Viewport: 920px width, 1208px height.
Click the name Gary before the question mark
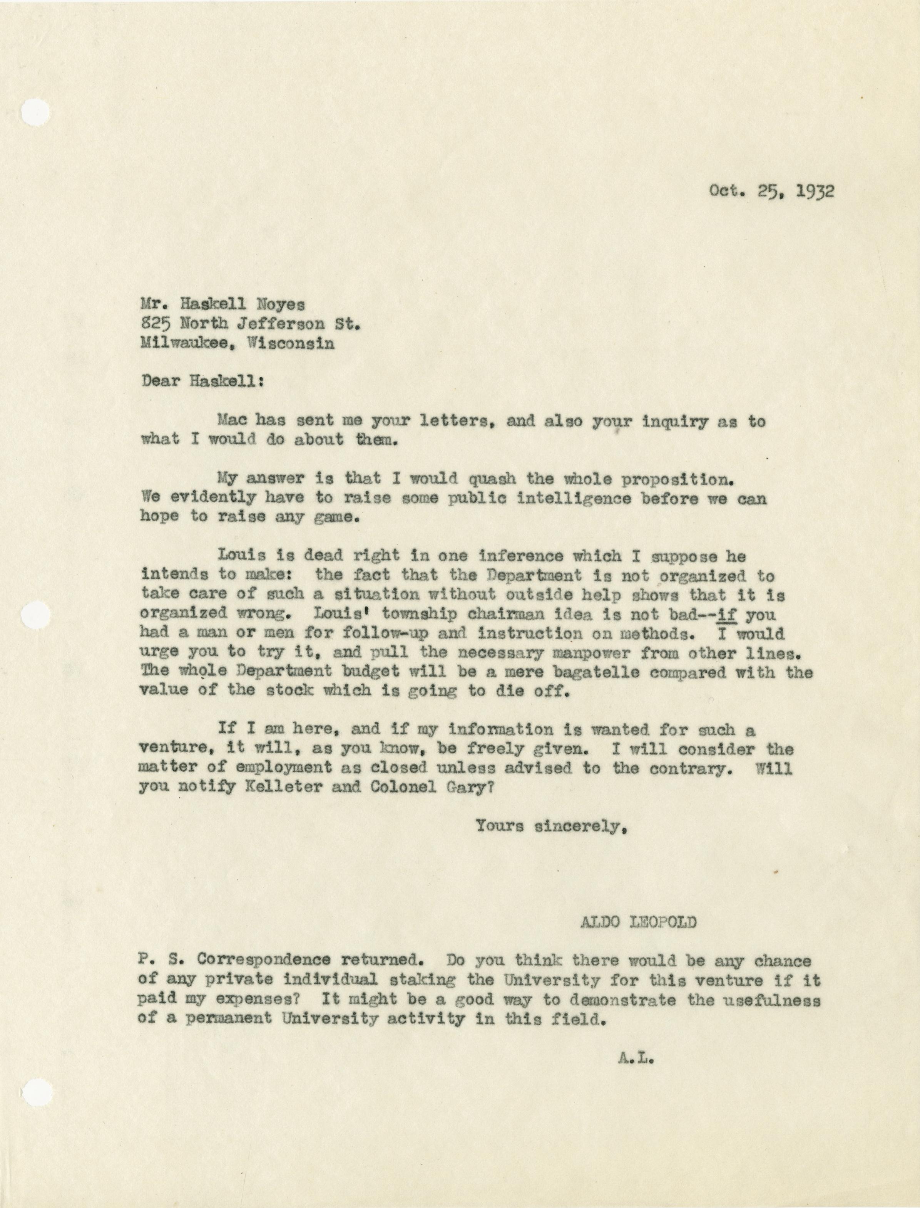[x=456, y=787]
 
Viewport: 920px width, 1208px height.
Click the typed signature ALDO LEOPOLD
[x=639, y=922]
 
